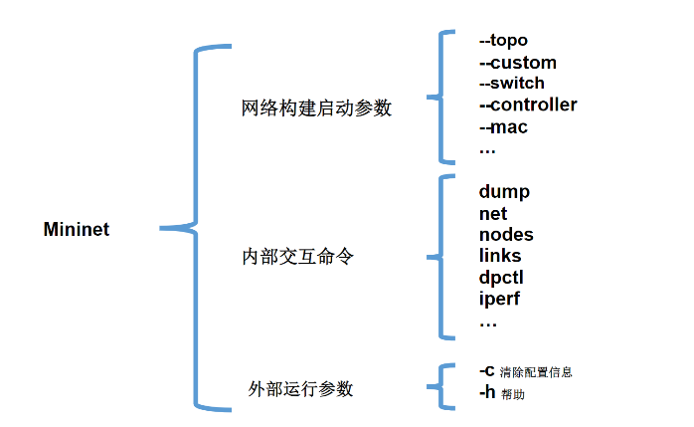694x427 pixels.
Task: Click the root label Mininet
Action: pyautogui.click(x=77, y=230)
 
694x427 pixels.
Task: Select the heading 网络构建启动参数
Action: pyautogui.click(x=316, y=108)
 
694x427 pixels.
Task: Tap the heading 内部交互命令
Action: pyautogui.click(x=297, y=257)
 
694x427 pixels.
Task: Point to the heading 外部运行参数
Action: pyautogui.click(x=300, y=388)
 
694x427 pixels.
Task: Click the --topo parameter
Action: pyautogui.click(x=503, y=41)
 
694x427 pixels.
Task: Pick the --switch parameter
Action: pyautogui.click(x=511, y=83)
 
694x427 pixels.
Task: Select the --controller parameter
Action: pyautogui.click(x=527, y=105)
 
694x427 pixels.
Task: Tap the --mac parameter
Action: pyautogui.click(x=503, y=126)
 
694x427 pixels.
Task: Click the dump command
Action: pyautogui.click(x=504, y=192)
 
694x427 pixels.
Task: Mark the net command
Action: pyautogui.click(x=492, y=214)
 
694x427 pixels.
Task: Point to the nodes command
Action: pyautogui.click(x=506, y=235)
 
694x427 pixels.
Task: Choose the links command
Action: pyautogui.click(x=500, y=257)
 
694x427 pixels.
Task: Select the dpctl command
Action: pyautogui.click(x=501, y=278)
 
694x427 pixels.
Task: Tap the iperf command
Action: pyautogui.click(x=499, y=299)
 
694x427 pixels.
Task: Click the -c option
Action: pyautogui.click(x=487, y=370)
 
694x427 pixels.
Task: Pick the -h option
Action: pyautogui.click(x=487, y=392)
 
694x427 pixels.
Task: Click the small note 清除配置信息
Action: pyautogui.click(x=536, y=372)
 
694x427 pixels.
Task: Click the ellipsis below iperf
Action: pyautogui.click(x=487, y=323)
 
